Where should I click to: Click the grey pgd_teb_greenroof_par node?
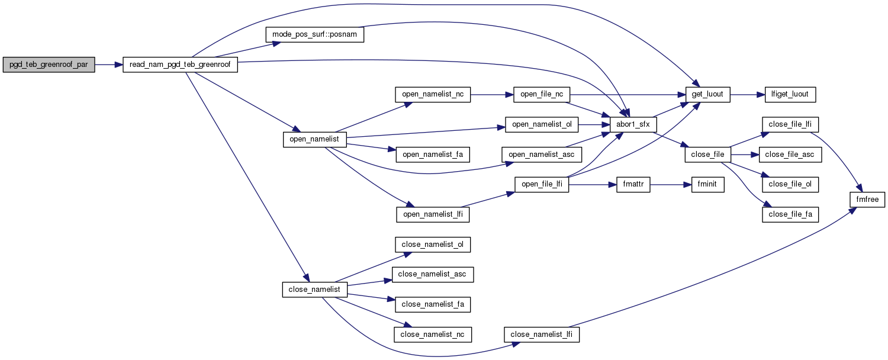(49, 65)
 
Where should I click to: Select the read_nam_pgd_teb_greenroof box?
(180, 65)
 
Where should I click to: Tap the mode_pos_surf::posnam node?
(314, 35)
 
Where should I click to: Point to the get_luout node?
(708, 94)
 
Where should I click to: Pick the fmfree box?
(868, 200)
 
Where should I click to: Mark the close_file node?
(708, 155)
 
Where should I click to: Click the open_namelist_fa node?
(433, 155)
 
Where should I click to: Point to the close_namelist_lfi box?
(542, 335)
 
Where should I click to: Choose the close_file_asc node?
(790, 155)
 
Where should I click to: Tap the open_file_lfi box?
(542, 185)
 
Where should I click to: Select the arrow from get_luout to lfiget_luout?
(748, 94)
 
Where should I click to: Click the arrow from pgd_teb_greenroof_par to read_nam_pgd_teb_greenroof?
(108, 65)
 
